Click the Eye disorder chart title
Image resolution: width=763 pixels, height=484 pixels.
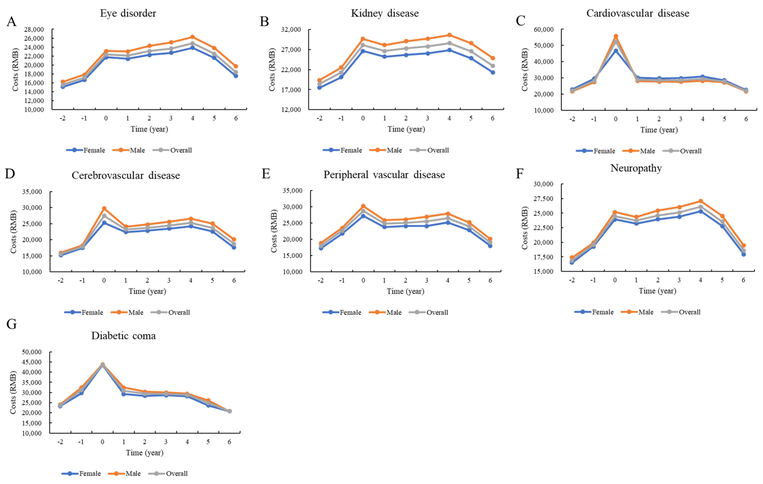pos(128,13)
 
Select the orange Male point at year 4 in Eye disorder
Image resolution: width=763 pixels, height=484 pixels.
pos(192,37)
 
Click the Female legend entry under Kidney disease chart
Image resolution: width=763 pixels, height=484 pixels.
pos(342,150)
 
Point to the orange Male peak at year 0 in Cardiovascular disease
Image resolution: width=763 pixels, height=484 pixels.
pos(616,37)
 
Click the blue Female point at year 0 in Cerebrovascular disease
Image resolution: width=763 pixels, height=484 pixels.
pos(104,223)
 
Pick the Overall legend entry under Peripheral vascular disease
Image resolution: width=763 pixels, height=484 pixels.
pos(428,313)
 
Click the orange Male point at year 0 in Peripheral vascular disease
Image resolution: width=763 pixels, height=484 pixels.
pos(363,206)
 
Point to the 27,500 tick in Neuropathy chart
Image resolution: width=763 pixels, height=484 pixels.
pos(543,199)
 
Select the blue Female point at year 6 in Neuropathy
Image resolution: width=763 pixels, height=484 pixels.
pos(743,254)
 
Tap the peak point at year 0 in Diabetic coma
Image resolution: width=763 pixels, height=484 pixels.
pos(102,365)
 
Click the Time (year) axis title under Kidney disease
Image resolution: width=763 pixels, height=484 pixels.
pos(406,129)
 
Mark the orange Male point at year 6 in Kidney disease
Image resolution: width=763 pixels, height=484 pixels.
pos(493,58)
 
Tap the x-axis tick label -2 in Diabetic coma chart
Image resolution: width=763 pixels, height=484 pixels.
pos(60,442)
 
